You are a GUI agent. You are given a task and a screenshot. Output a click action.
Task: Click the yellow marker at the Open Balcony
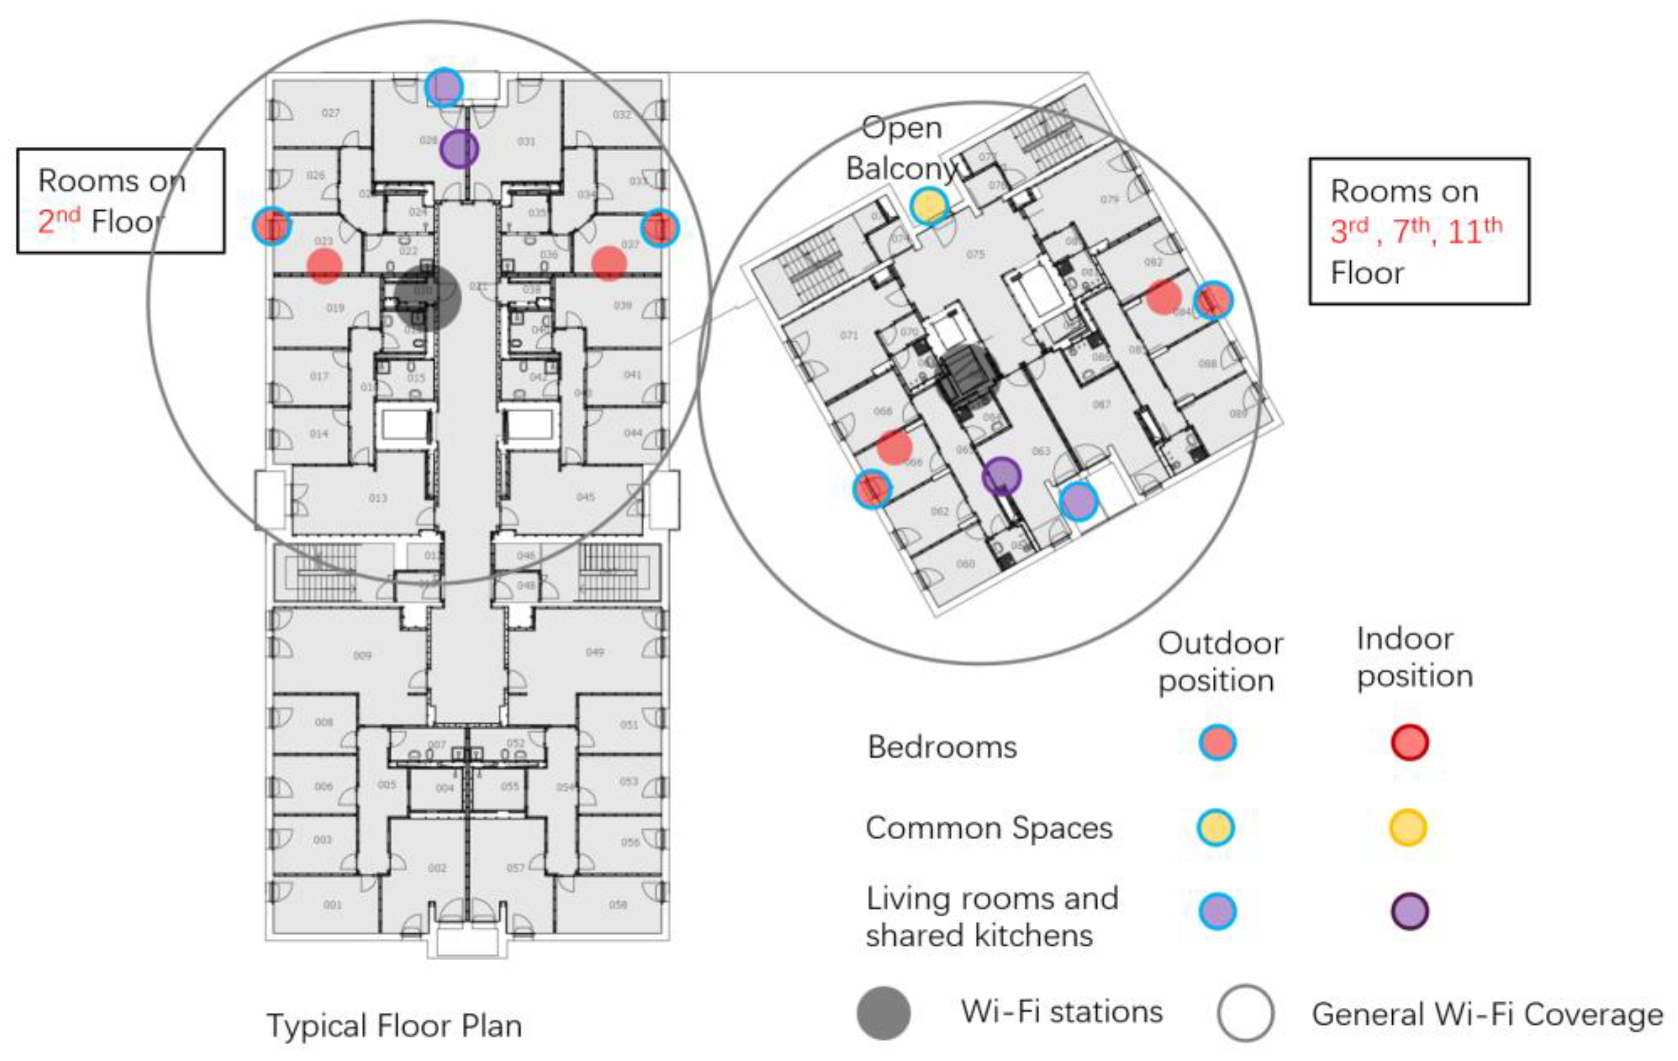coord(929,206)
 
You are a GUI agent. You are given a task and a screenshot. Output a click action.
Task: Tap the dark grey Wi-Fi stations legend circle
coord(884,1013)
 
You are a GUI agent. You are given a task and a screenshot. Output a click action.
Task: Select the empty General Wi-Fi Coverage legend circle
coord(1245,1013)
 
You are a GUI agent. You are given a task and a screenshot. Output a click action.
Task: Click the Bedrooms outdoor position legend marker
coord(1217,743)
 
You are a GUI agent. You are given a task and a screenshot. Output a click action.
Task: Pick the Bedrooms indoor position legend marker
coord(1410,743)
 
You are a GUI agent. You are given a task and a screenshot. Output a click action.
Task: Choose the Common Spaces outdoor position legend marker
coord(1216,827)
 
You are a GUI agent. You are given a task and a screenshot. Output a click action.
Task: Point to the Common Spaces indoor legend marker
coord(1407,827)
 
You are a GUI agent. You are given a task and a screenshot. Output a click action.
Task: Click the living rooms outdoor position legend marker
coord(1217,911)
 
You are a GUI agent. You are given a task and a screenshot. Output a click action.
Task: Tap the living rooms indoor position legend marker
coord(1410,911)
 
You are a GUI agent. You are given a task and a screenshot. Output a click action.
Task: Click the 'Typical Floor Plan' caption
coord(394,1026)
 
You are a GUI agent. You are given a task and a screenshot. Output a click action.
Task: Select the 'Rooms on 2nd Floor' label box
coord(120,201)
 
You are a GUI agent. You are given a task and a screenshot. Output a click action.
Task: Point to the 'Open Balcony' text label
coord(901,148)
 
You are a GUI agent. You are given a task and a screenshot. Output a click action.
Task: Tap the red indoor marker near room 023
coord(324,266)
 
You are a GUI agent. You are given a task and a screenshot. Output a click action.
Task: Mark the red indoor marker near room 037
coord(609,263)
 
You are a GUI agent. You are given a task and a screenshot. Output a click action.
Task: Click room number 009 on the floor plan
coord(362,655)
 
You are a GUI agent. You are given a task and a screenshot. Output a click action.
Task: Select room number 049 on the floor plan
coord(594,653)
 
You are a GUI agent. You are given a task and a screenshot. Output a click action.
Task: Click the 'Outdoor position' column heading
coord(1220,662)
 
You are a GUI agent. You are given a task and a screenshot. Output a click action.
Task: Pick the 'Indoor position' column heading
coord(1415,658)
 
